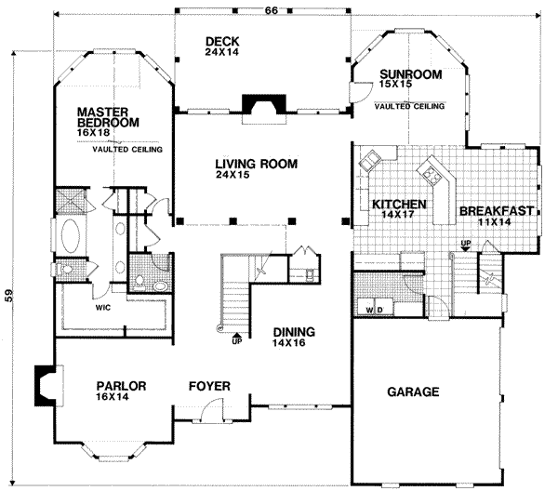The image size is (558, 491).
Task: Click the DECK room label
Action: (x=222, y=41)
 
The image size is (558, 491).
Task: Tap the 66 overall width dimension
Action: (x=272, y=9)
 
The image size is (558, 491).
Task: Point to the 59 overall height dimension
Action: (x=10, y=296)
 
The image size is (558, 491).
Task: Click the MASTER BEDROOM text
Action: (x=108, y=116)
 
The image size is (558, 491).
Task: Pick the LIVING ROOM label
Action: (x=257, y=164)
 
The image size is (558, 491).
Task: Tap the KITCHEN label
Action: (x=399, y=204)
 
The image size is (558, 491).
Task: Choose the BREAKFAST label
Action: (x=497, y=211)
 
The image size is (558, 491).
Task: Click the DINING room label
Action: (x=293, y=332)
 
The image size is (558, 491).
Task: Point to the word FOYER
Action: (x=209, y=384)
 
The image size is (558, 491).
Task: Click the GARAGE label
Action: (x=413, y=392)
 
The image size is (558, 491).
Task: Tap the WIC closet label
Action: (x=102, y=304)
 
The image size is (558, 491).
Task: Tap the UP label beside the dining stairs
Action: (x=235, y=341)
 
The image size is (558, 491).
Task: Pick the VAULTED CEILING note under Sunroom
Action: (x=409, y=105)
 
